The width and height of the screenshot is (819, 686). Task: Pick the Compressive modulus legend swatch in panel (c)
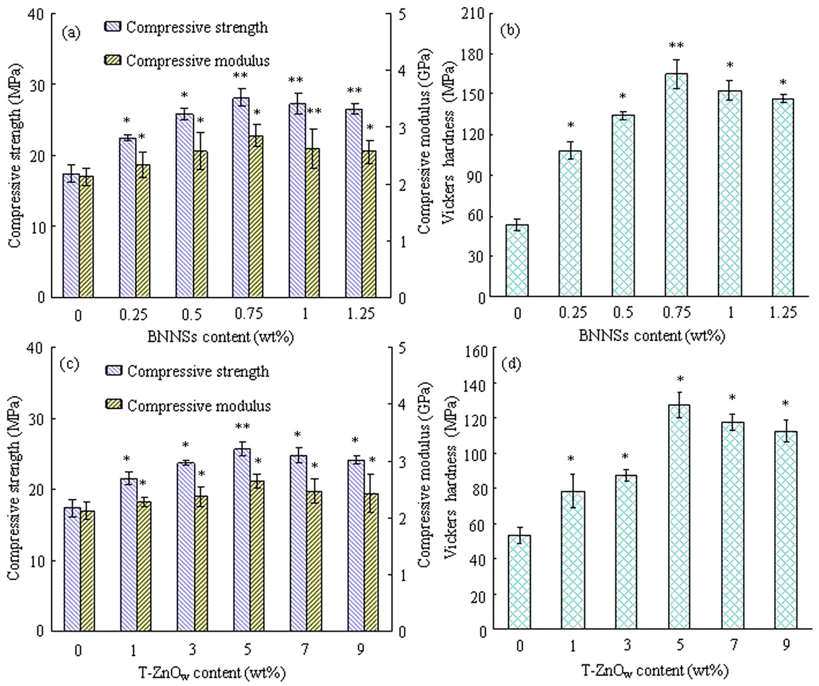coord(114,405)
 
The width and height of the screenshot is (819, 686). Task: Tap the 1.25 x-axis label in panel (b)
coord(783,313)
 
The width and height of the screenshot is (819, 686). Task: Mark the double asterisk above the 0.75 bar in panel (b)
coord(676,46)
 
